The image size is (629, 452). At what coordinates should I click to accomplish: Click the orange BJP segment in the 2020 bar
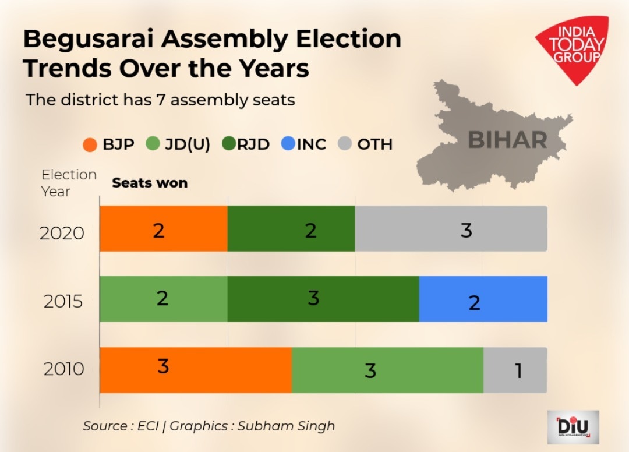[163, 229]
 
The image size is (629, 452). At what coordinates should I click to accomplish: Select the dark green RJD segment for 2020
[291, 229]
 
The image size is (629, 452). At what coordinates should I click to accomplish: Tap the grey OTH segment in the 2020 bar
[451, 229]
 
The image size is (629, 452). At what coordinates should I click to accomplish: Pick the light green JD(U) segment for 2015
[163, 299]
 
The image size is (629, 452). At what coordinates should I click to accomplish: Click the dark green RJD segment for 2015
[323, 299]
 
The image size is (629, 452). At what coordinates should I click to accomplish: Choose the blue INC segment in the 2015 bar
[483, 299]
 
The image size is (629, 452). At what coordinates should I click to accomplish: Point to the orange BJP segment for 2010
[195, 370]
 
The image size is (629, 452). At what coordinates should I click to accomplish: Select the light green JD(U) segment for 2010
[387, 370]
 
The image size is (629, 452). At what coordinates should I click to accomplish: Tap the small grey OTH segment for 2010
[515, 370]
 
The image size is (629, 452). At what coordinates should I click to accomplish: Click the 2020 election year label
[62, 233]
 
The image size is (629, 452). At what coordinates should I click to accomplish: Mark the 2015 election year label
[63, 302]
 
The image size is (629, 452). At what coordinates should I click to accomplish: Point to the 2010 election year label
[63, 369]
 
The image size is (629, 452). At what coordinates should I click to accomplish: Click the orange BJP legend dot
[90, 144]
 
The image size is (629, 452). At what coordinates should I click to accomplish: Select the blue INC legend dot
[288, 144]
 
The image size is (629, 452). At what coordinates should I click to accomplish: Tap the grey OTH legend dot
[345, 144]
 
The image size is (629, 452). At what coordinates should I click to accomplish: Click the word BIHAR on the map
[507, 140]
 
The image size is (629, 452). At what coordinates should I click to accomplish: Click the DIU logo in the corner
[573, 427]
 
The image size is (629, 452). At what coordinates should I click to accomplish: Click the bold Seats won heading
[150, 183]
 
